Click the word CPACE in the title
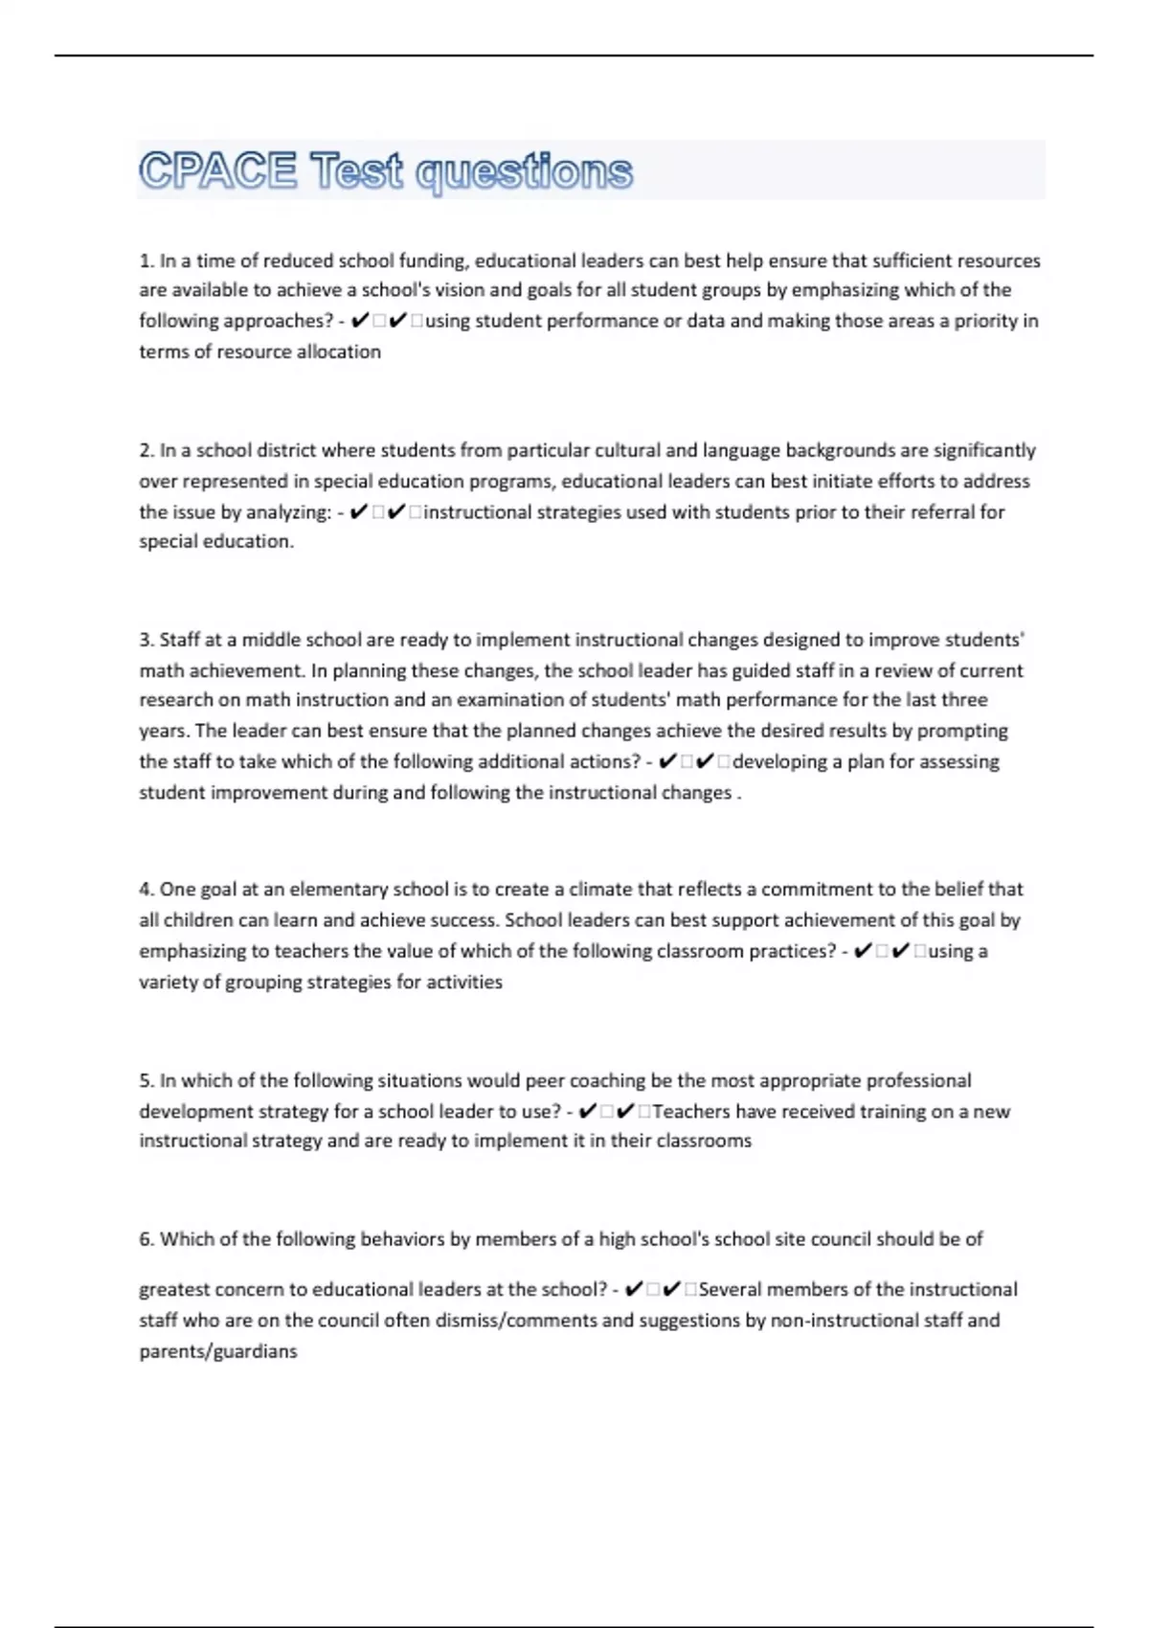click(x=218, y=171)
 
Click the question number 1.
click(x=146, y=260)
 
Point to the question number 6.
click(x=146, y=1239)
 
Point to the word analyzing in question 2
click(x=287, y=512)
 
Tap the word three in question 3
click(x=964, y=700)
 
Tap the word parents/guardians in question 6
click(x=218, y=1351)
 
